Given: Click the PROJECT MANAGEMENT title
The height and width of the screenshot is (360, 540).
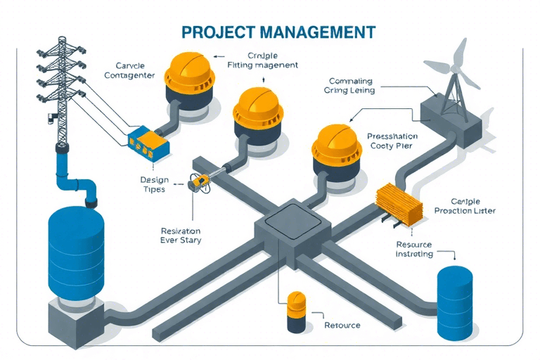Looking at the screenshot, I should (278, 32).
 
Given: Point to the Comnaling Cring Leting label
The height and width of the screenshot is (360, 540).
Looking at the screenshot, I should (349, 86).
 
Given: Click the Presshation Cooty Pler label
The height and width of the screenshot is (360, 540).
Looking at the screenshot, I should (392, 141).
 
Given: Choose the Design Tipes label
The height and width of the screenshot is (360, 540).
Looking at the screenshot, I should (153, 184).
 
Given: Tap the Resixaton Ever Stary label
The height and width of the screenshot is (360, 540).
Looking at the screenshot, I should (181, 236).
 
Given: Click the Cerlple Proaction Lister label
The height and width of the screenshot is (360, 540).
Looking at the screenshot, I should (464, 205).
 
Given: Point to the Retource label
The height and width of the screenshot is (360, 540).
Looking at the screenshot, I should (342, 325).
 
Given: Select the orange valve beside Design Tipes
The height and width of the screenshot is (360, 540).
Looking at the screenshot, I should (198, 183).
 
